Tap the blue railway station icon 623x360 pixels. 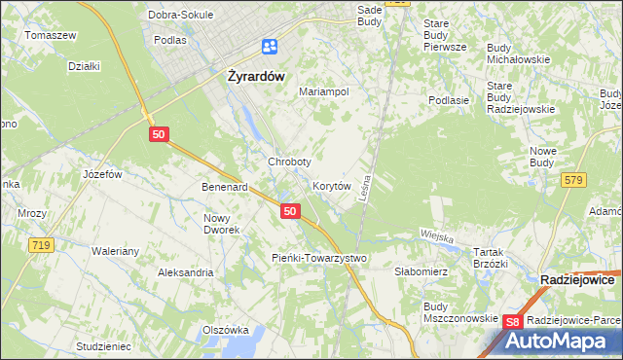pyautogui.click(x=270, y=47)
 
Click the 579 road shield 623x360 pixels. pyautogui.click(x=573, y=180)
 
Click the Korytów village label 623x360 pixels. pyautogui.click(x=331, y=185)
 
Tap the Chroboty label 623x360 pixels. pyautogui.click(x=289, y=162)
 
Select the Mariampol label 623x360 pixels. pyautogui.click(x=324, y=91)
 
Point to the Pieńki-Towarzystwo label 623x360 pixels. pyautogui.click(x=320, y=258)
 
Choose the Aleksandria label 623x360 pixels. pyautogui.click(x=186, y=272)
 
